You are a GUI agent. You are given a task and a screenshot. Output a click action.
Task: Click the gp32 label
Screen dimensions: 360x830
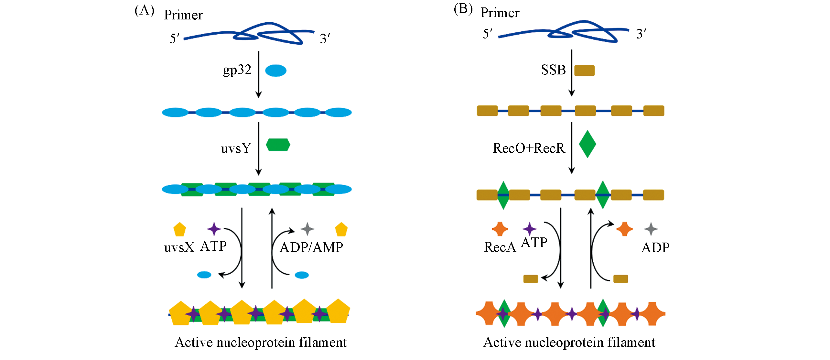[x=237, y=70]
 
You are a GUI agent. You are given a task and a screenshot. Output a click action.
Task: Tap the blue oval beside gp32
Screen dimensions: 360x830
[x=275, y=71]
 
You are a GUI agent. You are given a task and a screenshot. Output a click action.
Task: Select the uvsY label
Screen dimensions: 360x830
[x=236, y=148]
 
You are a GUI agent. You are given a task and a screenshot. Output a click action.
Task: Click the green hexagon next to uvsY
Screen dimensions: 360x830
[x=278, y=145]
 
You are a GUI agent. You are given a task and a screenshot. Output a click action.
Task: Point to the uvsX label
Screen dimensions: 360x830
[x=179, y=247]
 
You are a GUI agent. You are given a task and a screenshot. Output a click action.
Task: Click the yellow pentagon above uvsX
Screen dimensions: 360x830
[x=179, y=229]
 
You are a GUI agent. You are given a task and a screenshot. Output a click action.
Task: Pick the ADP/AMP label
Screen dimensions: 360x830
[x=311, y=247]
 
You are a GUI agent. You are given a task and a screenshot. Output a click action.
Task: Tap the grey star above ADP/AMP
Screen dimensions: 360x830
[x=307, y=229]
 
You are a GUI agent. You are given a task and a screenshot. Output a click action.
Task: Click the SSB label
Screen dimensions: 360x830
[x=553, y=70]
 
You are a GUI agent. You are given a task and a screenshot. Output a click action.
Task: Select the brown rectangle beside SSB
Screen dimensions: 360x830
[x=584, y=71]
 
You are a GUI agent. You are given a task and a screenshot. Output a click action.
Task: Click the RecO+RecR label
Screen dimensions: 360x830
[x=529, y=148]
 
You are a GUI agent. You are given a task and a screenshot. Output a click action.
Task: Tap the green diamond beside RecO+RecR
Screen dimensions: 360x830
[x=587, y=144]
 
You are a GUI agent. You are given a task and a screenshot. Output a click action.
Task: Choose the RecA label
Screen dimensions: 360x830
[x=500, y=247]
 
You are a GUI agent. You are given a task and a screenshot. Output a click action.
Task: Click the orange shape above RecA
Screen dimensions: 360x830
[x=500, y=229]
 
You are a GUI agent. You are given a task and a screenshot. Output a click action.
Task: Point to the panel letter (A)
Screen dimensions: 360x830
[x=144, y=11]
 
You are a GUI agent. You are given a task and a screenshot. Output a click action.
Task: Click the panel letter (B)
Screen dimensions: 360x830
[x=463, y=9]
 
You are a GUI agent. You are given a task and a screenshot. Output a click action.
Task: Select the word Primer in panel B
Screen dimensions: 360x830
[x=500, y=13]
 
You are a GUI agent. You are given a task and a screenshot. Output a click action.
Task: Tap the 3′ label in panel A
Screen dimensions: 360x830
[x=325, y=39]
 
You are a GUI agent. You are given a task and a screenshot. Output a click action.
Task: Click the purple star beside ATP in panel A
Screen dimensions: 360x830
[x=214, y=229]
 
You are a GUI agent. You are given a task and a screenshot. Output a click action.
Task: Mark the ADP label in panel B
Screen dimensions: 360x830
[x=655, y=248]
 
